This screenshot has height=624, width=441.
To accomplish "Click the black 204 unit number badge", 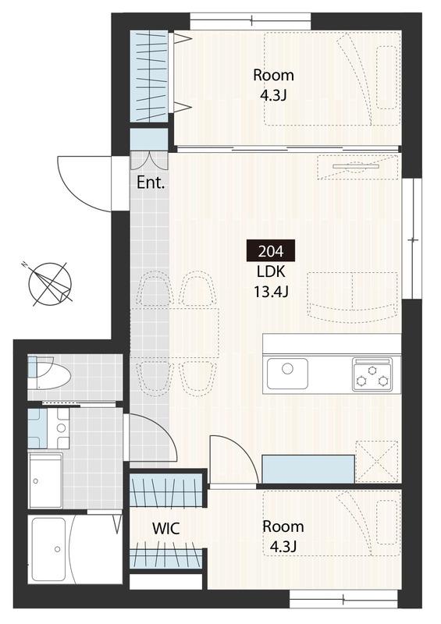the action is pyautogui.click(x=271, y=250).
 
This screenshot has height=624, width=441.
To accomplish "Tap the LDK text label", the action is pyautogui.click(x=271, y=271).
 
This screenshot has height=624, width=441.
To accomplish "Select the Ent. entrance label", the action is pyautogui.click(x=151, y=183).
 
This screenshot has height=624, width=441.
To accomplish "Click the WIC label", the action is pyautogui.click(x=166, y=529).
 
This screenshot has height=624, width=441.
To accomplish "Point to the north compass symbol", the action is pyautogui.click(x=50, y=284).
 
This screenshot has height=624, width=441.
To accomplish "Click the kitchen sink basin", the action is pyautogui.click(x=287, y=374).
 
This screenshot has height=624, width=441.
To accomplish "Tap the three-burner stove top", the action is pyautogui.click(x=372, y=374).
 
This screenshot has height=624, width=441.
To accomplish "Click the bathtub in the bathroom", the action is pyautogui.click(x=48, y=549).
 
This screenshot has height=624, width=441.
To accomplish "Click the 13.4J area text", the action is pyautogui.click(x=271, y=292).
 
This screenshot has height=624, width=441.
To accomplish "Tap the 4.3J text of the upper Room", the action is pyautogui.click(x=273, y=95).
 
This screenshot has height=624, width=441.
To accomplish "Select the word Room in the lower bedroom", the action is pyautogui.click(x=283, y=526).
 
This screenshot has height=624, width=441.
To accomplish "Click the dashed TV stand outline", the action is pyautogui.click(x=357, y=167).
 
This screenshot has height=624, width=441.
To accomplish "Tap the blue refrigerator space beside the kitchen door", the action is pyautogui.click(x=308, y=469).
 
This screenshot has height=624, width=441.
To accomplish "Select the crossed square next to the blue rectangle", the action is pyautogui.click(x=377, y=462).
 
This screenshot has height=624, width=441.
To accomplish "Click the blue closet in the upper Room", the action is pyautogui.click(x=149, y=76).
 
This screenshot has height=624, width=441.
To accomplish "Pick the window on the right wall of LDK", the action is pyautogui.click(x=411, y=239).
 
